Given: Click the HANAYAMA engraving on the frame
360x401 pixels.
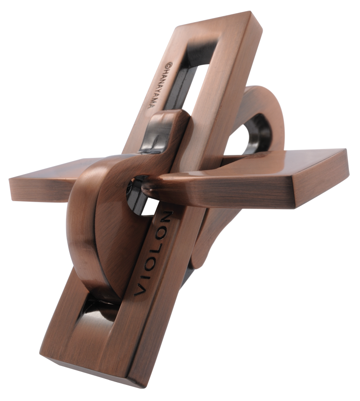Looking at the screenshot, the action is [156, 86].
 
